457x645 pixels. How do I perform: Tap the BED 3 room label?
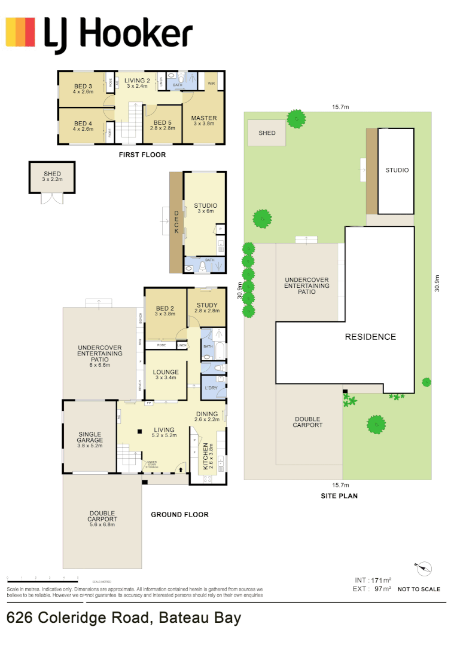pyautogui.click(x=83, y=89)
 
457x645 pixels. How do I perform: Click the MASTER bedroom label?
pyautogui.click(x=204, y=122)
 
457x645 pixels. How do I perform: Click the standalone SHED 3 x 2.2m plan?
pyautogui.click(x=52, y=177)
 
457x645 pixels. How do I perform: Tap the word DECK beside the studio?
pyautogui.click(x=177, y=222)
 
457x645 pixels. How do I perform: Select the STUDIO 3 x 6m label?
pyautogui.click(x=205, y=208)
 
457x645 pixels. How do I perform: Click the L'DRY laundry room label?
pyautogui.click(x=212, y=388)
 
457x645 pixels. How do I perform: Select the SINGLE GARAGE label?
pyautogui.click(x=90, y=440)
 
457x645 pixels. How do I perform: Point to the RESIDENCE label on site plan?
pyautogui.click(x=370, y=337)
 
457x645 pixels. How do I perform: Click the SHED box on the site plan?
pyautogui.click(x=267, y=133)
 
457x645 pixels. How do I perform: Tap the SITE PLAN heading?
pyautogui.click(x=339, y=496)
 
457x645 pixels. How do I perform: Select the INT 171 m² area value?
pyautogui.click(x=373, y=580)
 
